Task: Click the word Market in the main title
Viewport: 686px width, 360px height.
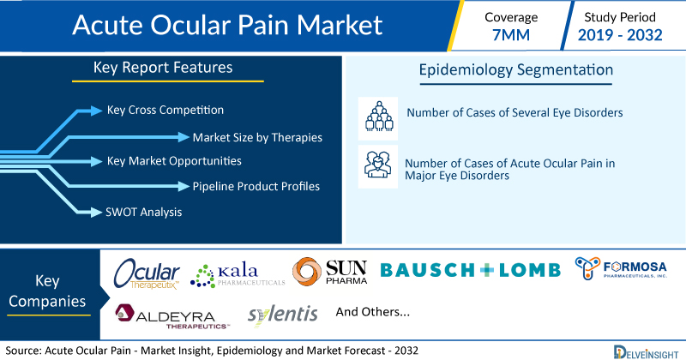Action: [x=340, y=25]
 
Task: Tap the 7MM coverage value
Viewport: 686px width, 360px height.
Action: [x=511, y=35]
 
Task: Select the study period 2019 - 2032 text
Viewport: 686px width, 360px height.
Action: [x=620, y=35]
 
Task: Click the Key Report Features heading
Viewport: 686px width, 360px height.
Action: [x=163, y=68]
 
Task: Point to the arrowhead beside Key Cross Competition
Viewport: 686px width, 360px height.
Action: [x=96, y=111]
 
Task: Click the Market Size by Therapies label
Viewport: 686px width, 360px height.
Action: [x=257, y=137]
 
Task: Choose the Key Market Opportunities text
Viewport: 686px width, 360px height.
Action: [x=174, y=161]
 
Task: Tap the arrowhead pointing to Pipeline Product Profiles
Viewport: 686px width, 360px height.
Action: [x=184, y=186]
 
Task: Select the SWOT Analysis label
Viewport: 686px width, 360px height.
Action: [x=143, y=213]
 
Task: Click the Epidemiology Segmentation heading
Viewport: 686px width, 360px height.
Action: [x=516, y=70]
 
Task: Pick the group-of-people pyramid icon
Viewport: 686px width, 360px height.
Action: [x=378, y=117]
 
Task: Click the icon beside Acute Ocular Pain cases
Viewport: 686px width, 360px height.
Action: [x=378, y=165]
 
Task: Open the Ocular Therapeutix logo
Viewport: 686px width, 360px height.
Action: [x=147, y=273]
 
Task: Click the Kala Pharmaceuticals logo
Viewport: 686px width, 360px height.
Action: [x=238, y=276]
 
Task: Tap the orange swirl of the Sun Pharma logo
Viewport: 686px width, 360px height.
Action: [x=307, y=272]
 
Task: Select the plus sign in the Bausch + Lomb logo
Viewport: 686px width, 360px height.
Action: [x=486, y=270]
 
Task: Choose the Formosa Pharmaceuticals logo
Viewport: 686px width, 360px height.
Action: [x=621, y=268]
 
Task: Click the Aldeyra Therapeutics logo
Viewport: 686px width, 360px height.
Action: [x=172, y=316]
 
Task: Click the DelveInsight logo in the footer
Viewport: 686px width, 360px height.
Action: [x=646, y=352]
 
